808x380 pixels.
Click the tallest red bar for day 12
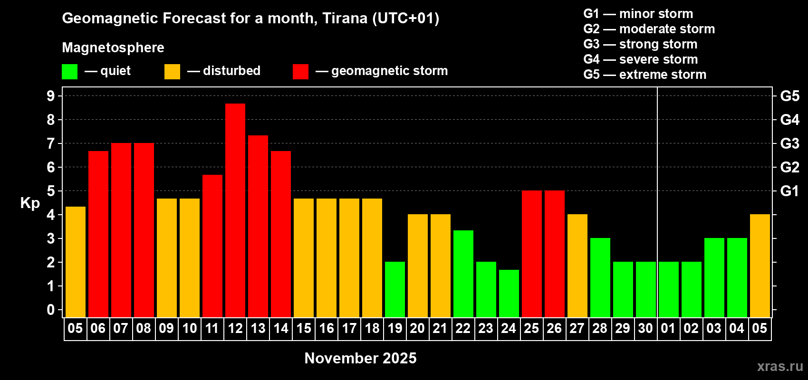click(235, 210)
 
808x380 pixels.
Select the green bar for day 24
click(509, 294)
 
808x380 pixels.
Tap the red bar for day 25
click(532, 254)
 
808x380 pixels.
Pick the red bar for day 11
click(212, 246)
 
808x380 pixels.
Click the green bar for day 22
click(463, 274)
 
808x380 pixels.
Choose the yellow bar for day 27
click(577, 266)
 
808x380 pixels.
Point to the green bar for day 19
click(395, 289)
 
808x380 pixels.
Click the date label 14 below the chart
click(281, 328)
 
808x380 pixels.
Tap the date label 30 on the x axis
click(645, 328)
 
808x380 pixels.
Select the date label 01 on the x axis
click(668, 328)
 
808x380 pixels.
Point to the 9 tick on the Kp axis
click(50, 96)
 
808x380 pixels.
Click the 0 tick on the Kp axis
click(50, 310)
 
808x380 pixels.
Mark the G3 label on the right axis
click(790, 143)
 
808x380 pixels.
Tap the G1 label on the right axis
click(790, 191)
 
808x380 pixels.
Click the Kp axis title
click(30, 203)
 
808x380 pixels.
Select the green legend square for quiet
click(69, 71)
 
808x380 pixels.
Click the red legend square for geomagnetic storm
click(301, 71)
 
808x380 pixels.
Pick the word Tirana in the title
click(345, 19)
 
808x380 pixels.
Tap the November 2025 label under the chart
click(360, 358)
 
